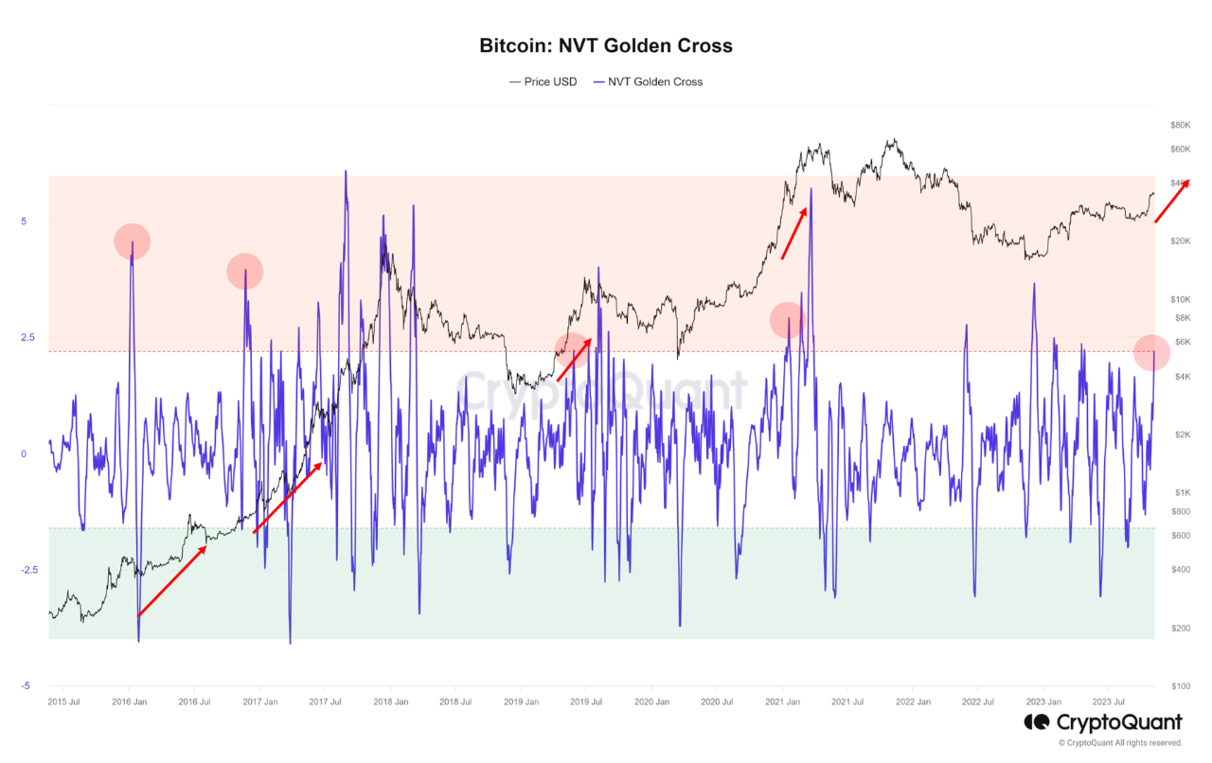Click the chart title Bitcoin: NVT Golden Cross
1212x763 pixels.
pos(606,45)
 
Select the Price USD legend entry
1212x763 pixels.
pos(544,82)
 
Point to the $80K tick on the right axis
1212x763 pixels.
pos(1180,125)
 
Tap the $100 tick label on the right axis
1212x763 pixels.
pos(1180,685)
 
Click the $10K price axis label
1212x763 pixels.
pos(1180,299)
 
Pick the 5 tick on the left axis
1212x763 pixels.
pos(26,222)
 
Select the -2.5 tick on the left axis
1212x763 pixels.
pos(23,570)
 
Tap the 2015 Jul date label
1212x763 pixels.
pos(63,702)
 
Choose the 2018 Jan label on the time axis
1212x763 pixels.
pos(390,702)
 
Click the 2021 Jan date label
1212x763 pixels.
pos(782,702)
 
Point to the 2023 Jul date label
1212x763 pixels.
pos(1108,702)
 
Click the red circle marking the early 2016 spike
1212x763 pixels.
pos(132,241)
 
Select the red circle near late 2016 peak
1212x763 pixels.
pos(244,272)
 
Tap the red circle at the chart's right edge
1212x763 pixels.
pos(1151,352)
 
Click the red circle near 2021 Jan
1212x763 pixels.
pos(788,320)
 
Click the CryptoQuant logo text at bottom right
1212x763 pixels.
pos(1114,723)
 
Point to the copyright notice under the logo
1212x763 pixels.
pos(1120,743)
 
